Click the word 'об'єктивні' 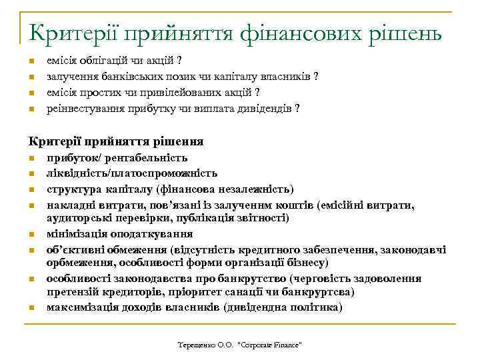(73, 250)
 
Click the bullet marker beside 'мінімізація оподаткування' (31, 235)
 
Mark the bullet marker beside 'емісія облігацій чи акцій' (31, 63)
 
